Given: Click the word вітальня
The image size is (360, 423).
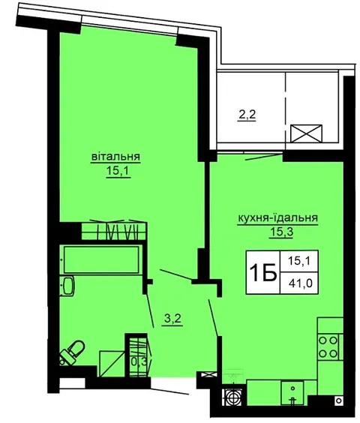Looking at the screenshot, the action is click(x=115, y=157).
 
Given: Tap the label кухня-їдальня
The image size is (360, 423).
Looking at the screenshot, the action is click(x=277, y=217).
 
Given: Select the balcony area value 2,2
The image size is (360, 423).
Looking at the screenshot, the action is click(x=247, y=115).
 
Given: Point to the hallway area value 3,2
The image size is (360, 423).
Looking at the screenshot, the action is click(x=173, y=319).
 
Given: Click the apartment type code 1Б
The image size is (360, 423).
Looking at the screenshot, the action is click(x=263, y=272).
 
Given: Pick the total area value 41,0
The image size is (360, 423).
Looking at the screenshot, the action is click(x=300, y=283).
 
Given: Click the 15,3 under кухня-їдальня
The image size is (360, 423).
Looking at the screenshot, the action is click(x=281, y=232).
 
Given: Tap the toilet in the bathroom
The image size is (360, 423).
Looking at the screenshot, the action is click(x=71, y=352).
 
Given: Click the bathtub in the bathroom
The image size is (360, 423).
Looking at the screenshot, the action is click(x=102, y=259).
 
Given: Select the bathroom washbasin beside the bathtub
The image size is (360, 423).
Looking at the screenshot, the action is click(x=67, y=286).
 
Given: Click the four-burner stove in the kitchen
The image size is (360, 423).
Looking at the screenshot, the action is click(x=328, y=346).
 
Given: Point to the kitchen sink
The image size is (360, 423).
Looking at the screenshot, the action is click(x=292, y=392).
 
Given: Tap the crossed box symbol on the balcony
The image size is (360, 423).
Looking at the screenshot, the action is click(x=306, y=133).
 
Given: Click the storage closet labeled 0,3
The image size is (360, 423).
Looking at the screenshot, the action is click(x=138, y=355).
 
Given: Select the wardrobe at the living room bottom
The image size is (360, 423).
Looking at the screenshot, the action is click(x=114, y=231).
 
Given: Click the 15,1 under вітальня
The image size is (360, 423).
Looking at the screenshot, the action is click(x=118, y=171).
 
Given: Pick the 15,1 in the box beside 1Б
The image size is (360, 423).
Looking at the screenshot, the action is click(x=299, y=261).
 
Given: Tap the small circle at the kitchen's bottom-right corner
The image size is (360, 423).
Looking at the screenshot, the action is click(x=339, y=400).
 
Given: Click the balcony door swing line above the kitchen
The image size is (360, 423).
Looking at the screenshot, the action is click(x=264, y=157).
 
